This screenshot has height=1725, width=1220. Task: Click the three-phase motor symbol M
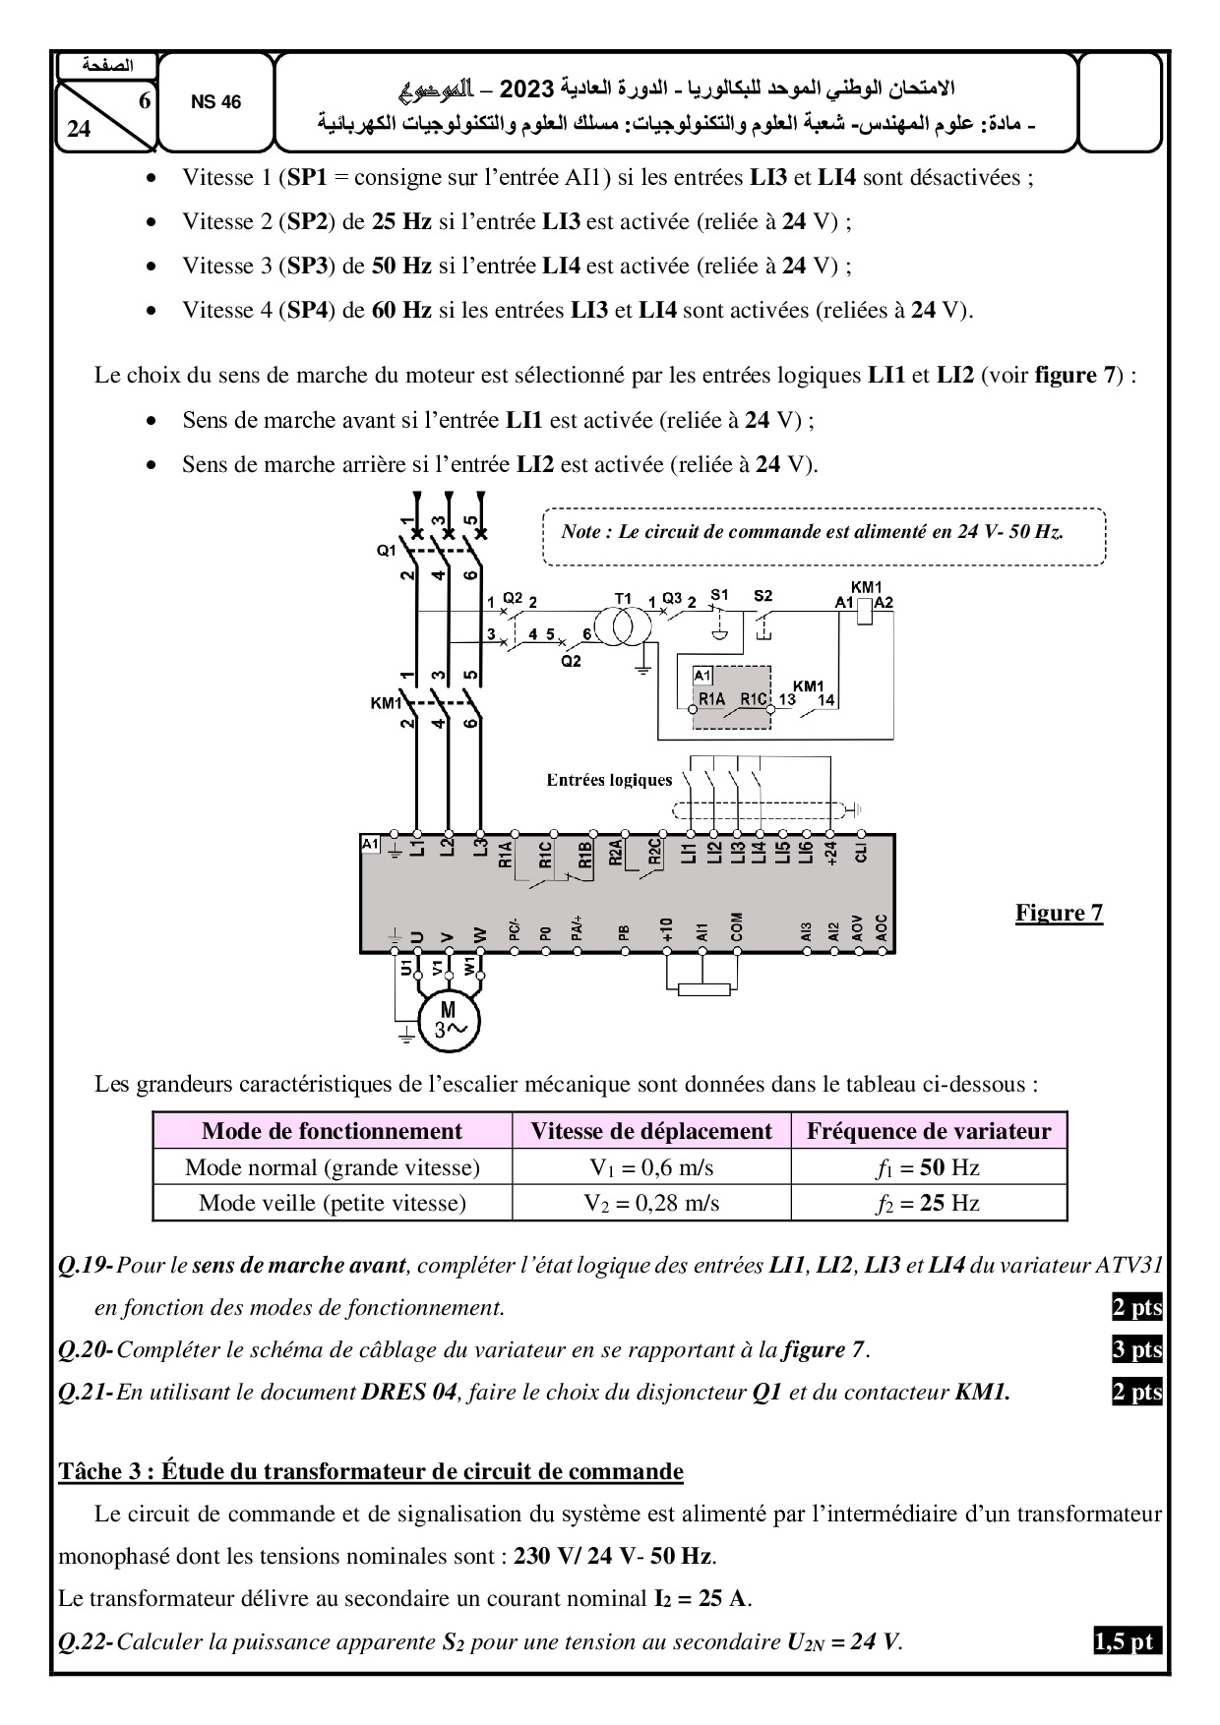point(448,1020)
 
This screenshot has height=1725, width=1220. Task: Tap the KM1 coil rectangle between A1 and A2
point(863,612)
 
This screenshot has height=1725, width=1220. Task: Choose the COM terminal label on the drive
point(737,926)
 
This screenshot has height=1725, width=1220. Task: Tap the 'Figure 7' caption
point(1059,913)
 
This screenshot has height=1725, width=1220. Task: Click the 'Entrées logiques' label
point(609,780)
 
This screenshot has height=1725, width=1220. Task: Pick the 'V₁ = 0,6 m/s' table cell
point(650,1167)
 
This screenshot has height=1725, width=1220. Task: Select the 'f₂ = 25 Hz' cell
point(928,1203)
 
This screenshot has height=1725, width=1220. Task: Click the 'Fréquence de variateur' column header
point(928,1131)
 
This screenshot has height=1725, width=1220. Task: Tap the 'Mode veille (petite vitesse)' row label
point(332,1203)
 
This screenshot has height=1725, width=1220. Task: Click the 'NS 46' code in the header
point(215,102)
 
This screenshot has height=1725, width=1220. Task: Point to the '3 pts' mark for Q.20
point(1136,1349)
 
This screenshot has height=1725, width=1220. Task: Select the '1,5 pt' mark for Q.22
point(1126,1641)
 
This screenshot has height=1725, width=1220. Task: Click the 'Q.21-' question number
point(86,1393)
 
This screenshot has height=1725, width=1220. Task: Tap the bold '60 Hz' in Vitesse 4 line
point(401,310)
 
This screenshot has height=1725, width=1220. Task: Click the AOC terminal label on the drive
point(881,926)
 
